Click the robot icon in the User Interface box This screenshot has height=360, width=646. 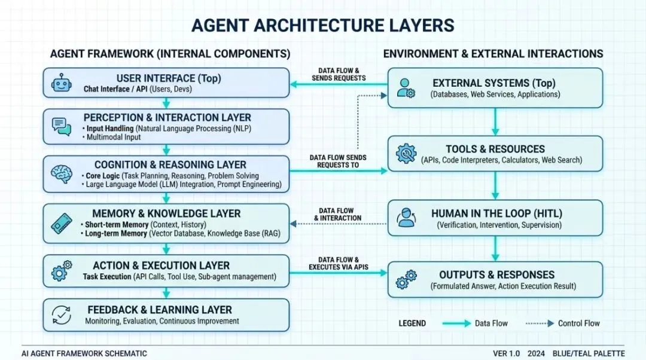(60, 83)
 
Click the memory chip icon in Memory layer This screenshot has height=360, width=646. (61, 224)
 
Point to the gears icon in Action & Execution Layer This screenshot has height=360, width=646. (62, 270)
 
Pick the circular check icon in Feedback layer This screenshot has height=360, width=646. (62, 315)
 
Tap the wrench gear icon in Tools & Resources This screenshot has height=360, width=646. (407, 154)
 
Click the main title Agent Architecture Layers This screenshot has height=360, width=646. (323, 25)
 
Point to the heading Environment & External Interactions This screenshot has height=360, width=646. (493, 54)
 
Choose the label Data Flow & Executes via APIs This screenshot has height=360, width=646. (339, 263)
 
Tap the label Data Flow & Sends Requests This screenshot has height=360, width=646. (339, 74)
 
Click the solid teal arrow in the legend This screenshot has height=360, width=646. (456, 324)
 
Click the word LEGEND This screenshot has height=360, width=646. (412, 324)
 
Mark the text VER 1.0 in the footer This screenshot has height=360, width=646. (506, 353)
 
